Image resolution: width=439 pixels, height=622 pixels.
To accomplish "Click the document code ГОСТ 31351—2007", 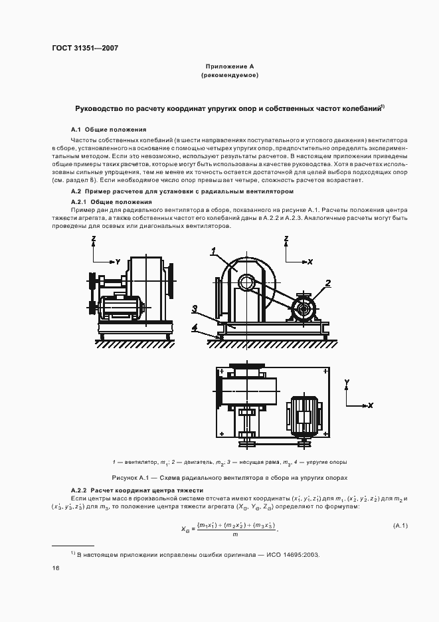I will (x=85, y=48).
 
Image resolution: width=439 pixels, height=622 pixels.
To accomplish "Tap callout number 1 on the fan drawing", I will (x=214, y=251).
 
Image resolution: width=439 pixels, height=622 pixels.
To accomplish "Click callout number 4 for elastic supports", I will (x=195, y=327).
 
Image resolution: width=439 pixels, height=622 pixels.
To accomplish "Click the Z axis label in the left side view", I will (x=94, y=239).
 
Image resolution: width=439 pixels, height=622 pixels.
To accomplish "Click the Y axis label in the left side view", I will (x=118, y=261).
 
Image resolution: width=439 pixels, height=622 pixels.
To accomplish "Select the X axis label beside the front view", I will (x=309, y=262).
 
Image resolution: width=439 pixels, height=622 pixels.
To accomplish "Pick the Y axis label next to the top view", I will (x=347, y=382).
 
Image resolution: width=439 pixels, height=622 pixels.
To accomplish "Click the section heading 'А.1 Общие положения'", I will (x=108, y=129).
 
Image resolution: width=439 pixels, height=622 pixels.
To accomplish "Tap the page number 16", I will (x=56, y=569).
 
